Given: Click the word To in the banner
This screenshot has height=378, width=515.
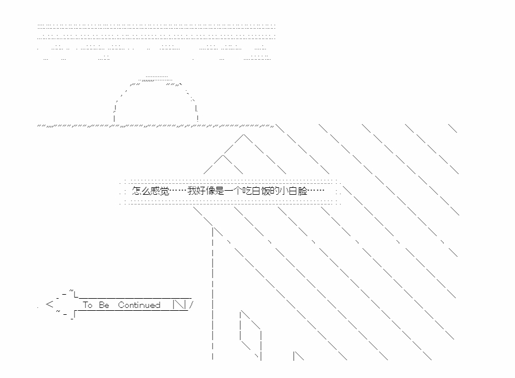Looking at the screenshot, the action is pyautogui.click(x=87, y=305).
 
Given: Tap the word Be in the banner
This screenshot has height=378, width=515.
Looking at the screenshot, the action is pyautogui.click(x=104, y=305).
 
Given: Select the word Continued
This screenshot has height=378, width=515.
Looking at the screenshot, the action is pyautogui.click(x=139, y=305).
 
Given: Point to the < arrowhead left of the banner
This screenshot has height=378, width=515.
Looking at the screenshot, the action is pyautogui.click(x=49, y=304).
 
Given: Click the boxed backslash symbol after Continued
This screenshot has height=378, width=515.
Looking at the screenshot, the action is pyautogui.click(x=179, y=304).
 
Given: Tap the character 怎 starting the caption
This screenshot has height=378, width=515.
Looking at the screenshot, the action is pyautogui.click(x=136, y=191).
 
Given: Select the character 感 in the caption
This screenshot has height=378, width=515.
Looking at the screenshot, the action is pyautogui.click(x=155, y=191).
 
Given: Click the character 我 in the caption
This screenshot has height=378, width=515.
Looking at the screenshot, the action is pyautogui.click(x=192, y=191).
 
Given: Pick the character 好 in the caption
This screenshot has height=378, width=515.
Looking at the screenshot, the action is pyautogui.click(x=201, y=191).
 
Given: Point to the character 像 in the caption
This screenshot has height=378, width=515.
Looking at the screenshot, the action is pyautogui.click(x=211, y=191).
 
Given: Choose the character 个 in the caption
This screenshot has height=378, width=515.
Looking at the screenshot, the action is pyautogui.click(x=238, y=191).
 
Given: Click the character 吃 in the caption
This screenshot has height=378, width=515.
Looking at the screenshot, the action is pyautogui.click(x=247, y=191).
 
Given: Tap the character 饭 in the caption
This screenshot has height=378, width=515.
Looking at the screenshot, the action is pyautogui.click(x=266, y=191).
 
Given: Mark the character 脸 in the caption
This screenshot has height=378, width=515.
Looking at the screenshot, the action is pyautogui.click(x=303, y=191).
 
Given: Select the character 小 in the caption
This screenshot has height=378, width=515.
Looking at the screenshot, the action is pyautogui.click(x=284, y=191).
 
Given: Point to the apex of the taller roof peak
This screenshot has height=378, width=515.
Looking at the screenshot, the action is pyautogui.click(x=244, y=134).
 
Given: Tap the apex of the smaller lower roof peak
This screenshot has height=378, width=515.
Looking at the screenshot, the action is pyautogui.click(x=223, y=155).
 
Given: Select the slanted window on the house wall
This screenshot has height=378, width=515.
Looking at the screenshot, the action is pyautogui.click(x=251, y=334).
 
